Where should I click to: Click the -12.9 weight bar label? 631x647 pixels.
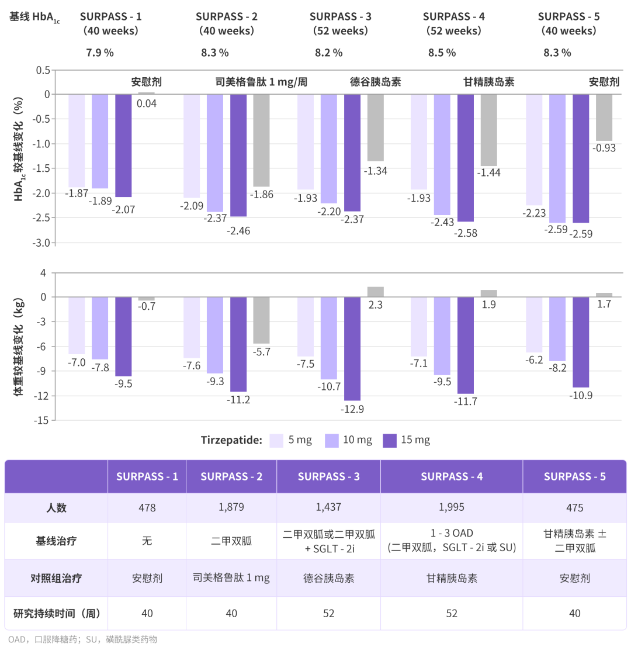353,409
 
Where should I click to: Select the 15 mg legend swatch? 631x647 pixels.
390,441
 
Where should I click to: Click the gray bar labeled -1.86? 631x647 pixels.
261,140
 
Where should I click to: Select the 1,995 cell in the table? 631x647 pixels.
451,507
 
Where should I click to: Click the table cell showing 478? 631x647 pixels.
147,507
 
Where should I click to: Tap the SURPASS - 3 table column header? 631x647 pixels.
328,476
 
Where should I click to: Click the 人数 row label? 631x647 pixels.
56,507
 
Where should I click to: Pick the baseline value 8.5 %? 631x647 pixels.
442,53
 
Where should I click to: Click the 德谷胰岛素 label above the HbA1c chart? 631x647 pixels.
376,82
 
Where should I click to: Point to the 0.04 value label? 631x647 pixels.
147,103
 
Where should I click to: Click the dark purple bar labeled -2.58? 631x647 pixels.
466,158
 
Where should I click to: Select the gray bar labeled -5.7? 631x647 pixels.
261,320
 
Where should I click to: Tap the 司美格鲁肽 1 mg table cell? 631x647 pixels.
231,578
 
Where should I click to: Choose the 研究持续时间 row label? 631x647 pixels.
56,613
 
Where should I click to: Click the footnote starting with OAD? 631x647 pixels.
83,639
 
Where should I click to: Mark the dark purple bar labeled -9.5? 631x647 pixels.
123,336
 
